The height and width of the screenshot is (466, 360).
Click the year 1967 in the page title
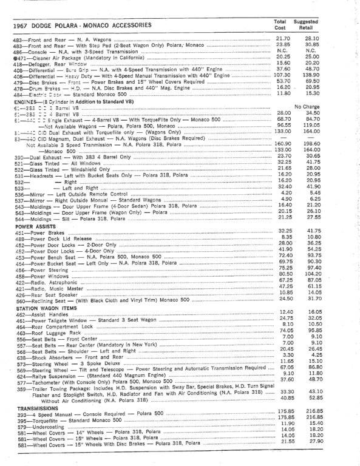22,25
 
